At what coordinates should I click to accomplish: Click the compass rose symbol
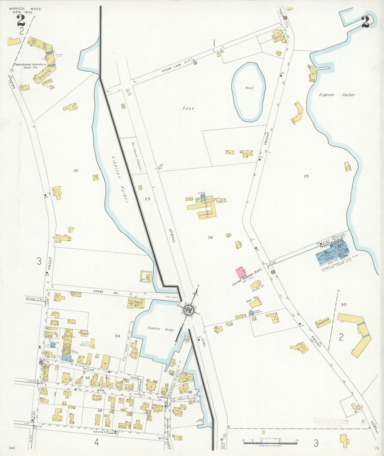[x=189, y=310]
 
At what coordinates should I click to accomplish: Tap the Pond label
[x=249, y=88]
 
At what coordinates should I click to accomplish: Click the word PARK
[x=188, y=109]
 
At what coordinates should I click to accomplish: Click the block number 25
[x=306, y=176]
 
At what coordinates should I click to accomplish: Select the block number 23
[x=147, y=198]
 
